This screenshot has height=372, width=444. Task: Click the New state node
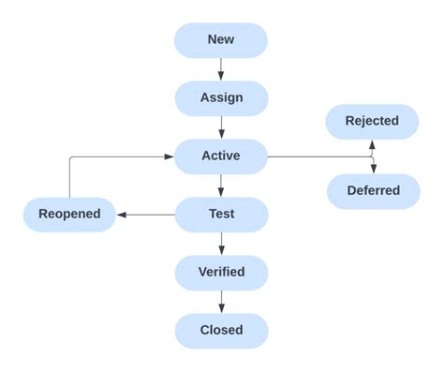[221, 40]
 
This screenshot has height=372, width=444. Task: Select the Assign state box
[221, 98]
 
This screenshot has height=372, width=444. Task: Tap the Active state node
[221, 156]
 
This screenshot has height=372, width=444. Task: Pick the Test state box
[221, 215]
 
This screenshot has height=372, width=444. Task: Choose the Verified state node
[221, 273]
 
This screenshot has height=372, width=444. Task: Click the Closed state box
[221, 331]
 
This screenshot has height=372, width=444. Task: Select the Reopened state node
[69, 215]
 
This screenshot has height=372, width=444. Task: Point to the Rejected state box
[372, 121]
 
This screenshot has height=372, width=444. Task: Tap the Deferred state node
[373, 191]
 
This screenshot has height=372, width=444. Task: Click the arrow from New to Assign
[221, 69]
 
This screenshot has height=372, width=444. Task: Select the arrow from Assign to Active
[221, 127]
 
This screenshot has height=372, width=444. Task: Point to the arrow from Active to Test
[221, 186]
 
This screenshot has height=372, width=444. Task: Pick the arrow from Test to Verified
[221, 244]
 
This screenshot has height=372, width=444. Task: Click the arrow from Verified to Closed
[221, 302]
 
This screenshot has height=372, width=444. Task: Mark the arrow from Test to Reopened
[146, 215]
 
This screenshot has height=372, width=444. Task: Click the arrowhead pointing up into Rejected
[373, 144]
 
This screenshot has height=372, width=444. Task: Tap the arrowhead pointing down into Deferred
[373, 169]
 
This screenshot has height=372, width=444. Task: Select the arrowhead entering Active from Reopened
[170, 156]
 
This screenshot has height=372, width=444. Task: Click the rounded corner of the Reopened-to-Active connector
[71, 158]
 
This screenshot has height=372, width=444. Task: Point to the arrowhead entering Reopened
[122, 215]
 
